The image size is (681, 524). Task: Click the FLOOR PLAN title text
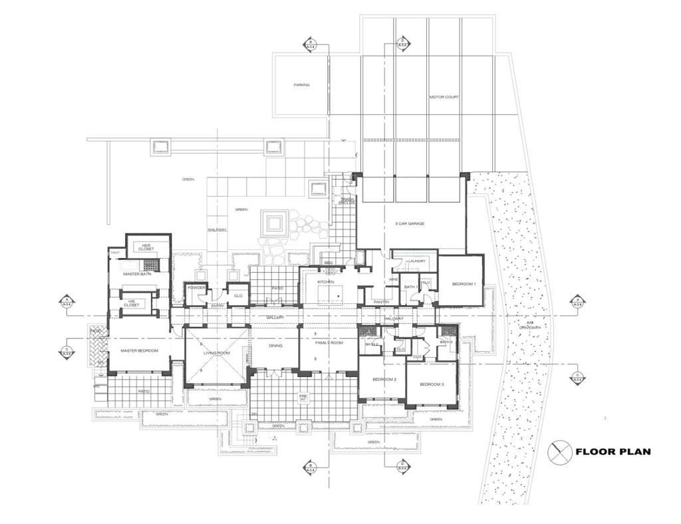tap(613, 452)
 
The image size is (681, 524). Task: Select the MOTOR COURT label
tap(444, 97)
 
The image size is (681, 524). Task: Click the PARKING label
tap(302, 85)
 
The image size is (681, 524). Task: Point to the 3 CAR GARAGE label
tap(410, 223)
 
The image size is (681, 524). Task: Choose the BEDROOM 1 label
tap(464, 284)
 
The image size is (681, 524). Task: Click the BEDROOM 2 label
tap(384, 379)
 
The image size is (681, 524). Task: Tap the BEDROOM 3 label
tap(432, 384)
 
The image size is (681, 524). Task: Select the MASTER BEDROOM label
tap(139, 350)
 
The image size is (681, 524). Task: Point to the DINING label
tap(275, 346)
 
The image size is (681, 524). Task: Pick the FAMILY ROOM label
tap(329, 342)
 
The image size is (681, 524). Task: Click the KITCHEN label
tap(325, 282)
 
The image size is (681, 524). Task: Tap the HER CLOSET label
tap(148, 247)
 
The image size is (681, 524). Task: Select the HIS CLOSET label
tap(130, 303)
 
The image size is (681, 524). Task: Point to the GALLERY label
tap(275, 317)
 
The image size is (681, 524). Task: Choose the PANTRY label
tap(381, 302)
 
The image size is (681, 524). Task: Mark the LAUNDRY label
tap(416, 261)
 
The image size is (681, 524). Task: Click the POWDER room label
tap(196, 287)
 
